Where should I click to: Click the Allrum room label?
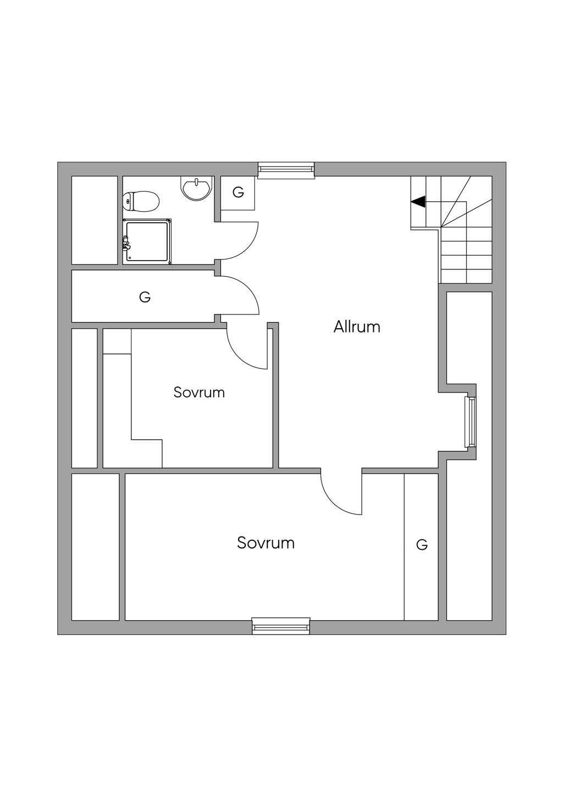pos(357,327)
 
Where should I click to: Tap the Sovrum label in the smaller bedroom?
pos(199,393)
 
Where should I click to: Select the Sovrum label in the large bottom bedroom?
pos(266,543)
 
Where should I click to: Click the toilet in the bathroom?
pos(141,201)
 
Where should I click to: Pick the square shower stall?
pos(148,241)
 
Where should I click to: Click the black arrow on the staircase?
pos(418,202)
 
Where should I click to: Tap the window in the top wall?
pos(286,170)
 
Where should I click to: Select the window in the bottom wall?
pos(281,626)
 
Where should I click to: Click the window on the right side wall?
pos(470,422)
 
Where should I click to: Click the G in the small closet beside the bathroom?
pos(238,192)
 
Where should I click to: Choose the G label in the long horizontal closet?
pos(145,297)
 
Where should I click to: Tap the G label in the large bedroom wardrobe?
pos(422,545)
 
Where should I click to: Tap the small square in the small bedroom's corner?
pos(117,341)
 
